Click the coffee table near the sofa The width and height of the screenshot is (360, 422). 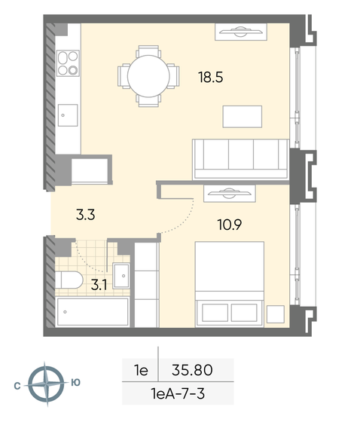[242, 117]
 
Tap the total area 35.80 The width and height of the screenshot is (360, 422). [194, 371]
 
